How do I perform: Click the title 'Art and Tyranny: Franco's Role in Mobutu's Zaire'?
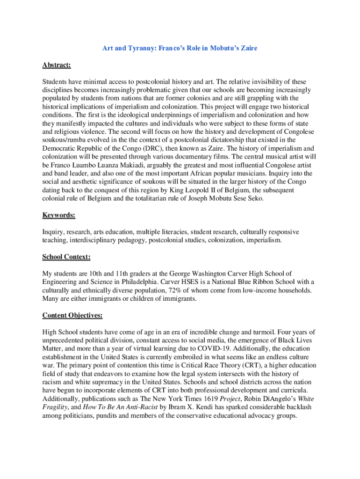tap(180, 48)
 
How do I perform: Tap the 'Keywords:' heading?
tap(58, 215)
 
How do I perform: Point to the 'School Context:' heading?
tap(66, 257)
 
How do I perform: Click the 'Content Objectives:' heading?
tap(72, 315)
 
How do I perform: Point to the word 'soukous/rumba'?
tap(64, 140)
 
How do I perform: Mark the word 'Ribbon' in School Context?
tap(244, 282)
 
